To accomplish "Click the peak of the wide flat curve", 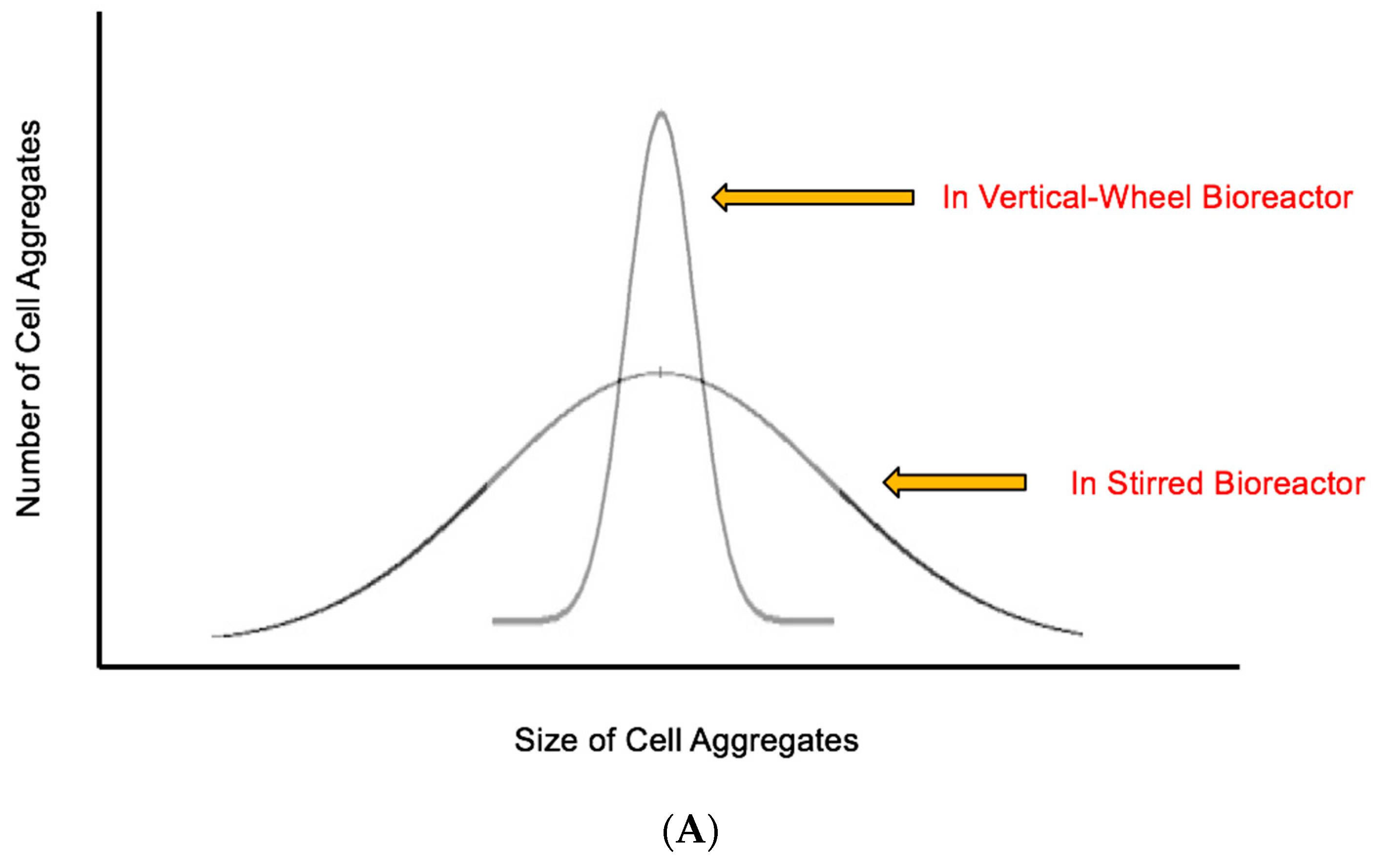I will tap(660, 373).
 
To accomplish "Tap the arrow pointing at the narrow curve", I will tap(812, 198).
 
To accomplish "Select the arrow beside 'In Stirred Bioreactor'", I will tap(955, 482).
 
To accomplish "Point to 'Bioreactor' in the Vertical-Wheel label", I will tap(1277, 197).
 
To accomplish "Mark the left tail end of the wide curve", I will tap(214, 635).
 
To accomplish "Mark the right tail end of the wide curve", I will tap(1081, 634).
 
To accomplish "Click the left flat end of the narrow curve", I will tap(494, 621).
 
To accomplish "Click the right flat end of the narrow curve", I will tap(832, 621).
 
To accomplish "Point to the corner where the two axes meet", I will tap(100, 666).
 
